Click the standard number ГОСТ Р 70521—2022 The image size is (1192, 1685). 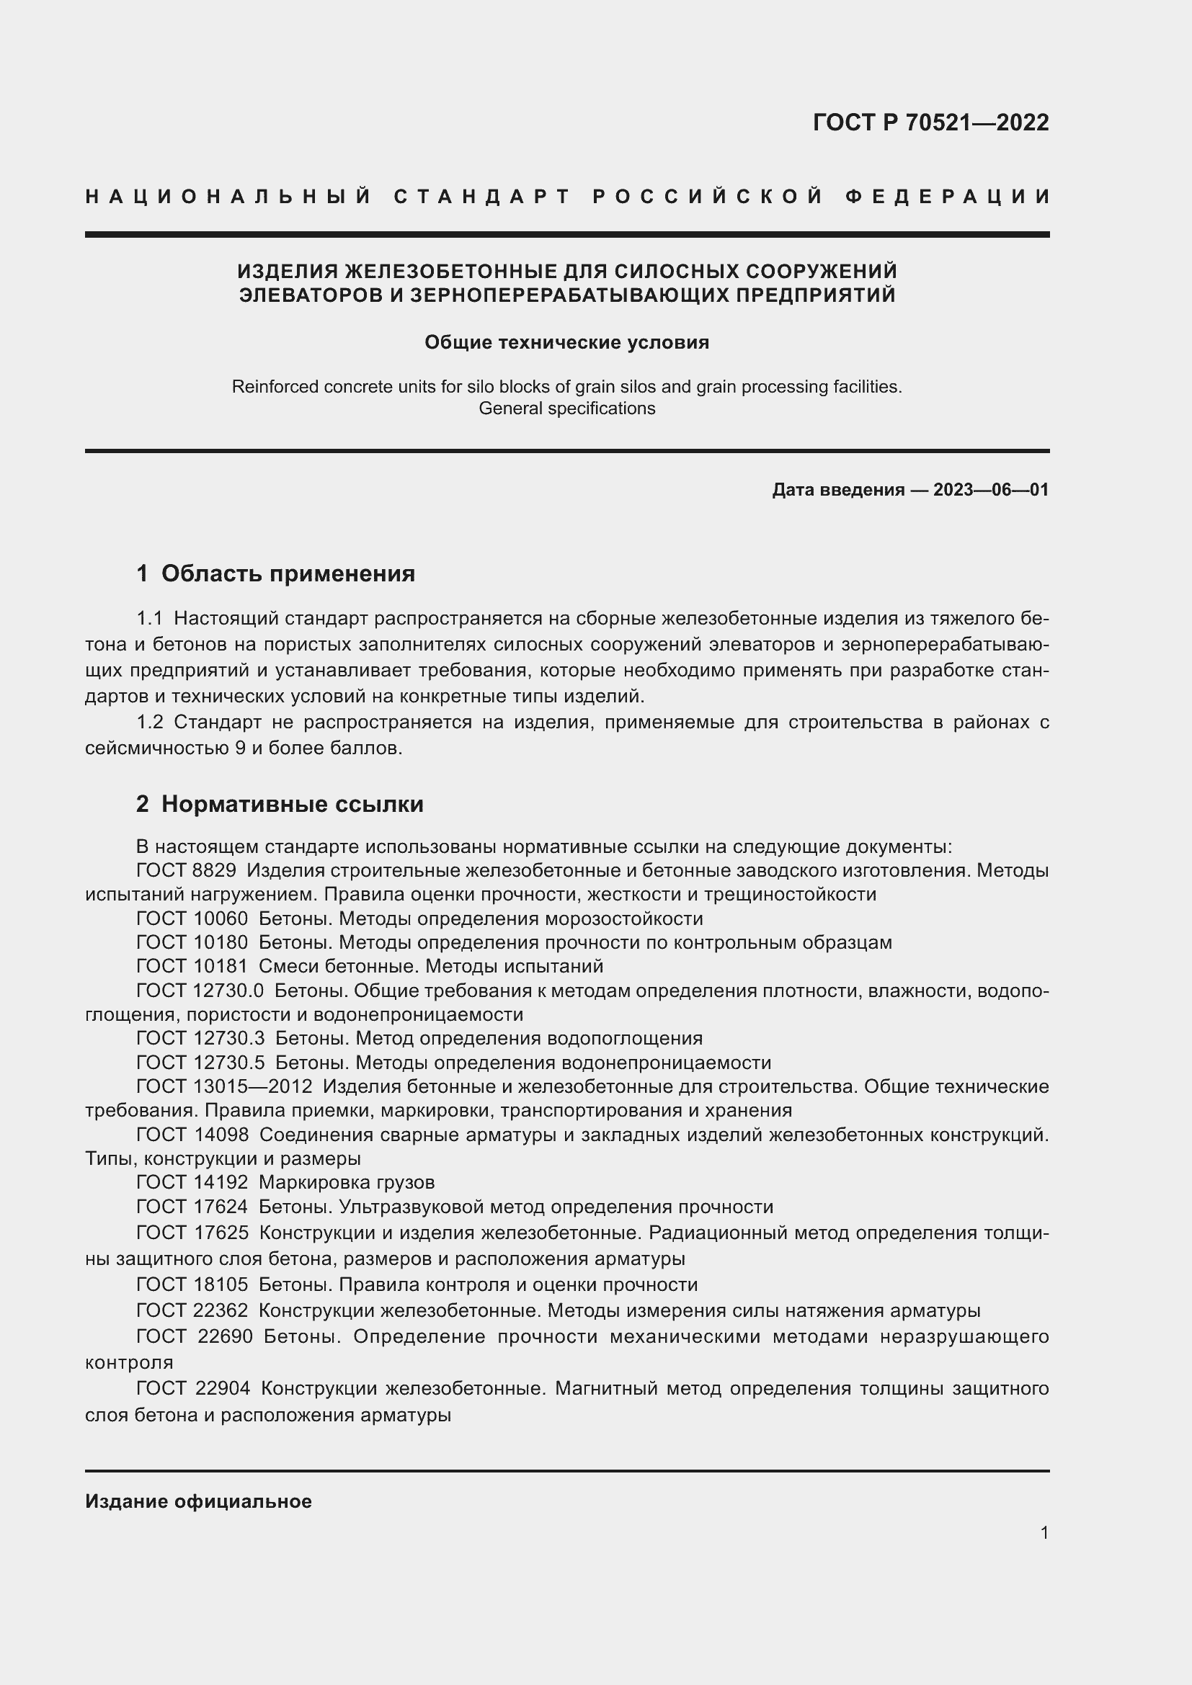pos(930,122)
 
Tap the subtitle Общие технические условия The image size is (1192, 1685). pos(566,343)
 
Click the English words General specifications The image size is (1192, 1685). pos(566,408)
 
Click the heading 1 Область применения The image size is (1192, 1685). pos(275,573)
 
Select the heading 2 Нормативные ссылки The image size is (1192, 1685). pos(280,805)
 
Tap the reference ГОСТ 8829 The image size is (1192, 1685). pos(186,870)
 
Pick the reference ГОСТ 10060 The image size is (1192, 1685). pos(192,919)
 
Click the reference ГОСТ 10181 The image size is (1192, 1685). pos(192,967)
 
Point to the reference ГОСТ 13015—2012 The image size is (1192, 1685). pos(224,1086)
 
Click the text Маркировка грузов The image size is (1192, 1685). pos(347,1182)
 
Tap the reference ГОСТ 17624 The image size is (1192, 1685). pos(192,1207)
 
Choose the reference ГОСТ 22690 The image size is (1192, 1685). pos(194,1336)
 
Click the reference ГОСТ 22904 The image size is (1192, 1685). pos(193,1388)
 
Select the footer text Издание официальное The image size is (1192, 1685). pos(198,1501)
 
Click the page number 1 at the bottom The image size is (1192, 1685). pos(1044,1533)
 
